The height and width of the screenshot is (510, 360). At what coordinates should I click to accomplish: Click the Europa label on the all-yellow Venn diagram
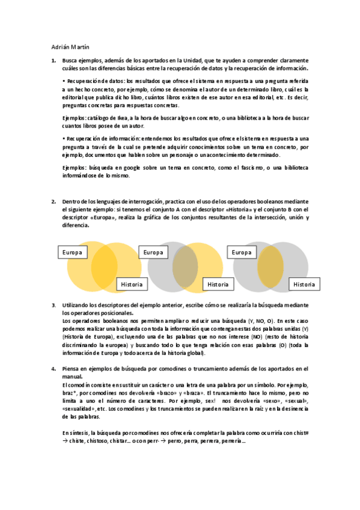[x=73, y=252]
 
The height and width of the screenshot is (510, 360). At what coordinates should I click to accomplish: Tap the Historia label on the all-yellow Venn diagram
[x=132, y=284]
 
